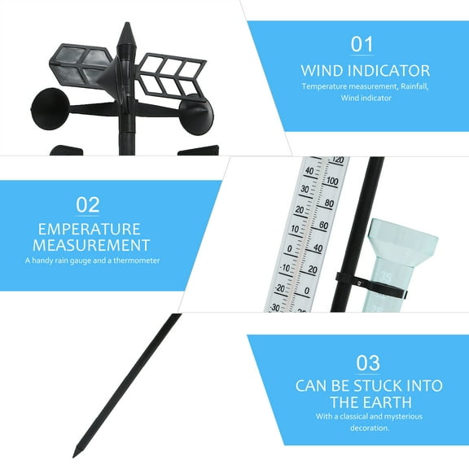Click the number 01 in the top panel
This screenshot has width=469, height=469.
[361, 44]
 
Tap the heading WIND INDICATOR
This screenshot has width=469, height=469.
[366, 70]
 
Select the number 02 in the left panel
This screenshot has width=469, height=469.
[88, 204]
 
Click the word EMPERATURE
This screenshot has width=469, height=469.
[90, 229]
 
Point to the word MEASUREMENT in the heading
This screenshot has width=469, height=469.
[90, 245]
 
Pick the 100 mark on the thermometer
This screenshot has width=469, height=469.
[331, 182]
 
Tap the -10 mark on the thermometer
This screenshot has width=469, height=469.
[285, 266]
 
